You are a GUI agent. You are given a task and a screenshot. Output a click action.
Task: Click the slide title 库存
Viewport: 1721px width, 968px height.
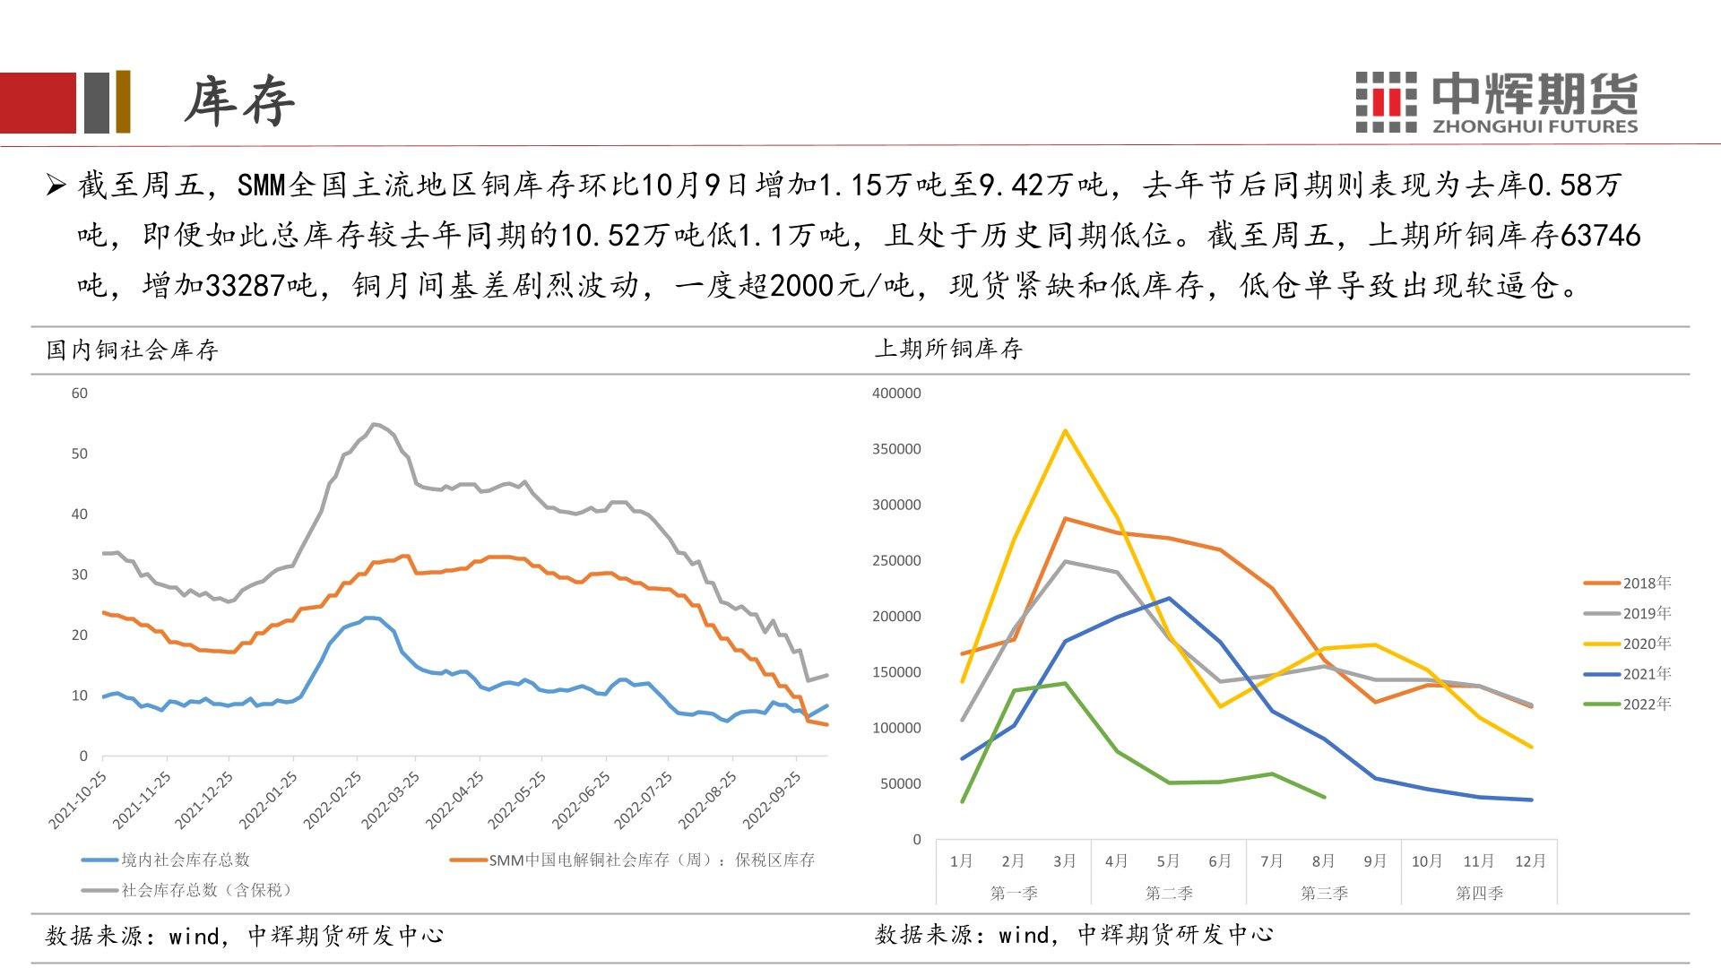point(239,100)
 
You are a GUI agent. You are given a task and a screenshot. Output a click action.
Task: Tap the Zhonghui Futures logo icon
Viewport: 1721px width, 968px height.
point(1386,102)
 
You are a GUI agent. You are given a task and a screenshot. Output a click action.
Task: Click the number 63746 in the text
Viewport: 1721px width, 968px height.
point(1600,236)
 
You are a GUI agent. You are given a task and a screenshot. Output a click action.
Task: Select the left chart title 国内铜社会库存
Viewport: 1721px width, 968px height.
point(133,350)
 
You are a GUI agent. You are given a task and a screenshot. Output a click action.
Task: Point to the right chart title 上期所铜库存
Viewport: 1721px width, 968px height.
point(948,349)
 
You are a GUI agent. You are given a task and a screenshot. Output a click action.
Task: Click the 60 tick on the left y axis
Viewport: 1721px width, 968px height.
point(80,393)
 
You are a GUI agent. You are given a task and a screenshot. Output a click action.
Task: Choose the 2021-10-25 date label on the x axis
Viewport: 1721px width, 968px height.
point(78,799)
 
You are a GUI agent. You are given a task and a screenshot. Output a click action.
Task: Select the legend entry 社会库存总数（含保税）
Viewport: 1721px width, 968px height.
point(206,890)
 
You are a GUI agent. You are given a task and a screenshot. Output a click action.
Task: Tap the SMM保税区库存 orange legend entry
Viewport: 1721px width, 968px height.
point(652,860)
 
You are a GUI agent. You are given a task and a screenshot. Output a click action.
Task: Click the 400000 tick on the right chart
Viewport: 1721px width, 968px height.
point(896,393)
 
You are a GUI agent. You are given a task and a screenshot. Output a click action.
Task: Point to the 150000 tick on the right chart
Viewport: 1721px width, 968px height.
point(896,672)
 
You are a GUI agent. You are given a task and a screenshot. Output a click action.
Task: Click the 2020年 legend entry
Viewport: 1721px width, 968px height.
point(1647,644)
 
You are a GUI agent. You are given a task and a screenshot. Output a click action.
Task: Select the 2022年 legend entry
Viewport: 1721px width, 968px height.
point(1647,704)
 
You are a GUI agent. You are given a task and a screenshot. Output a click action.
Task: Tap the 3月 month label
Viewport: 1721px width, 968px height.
point(1065,861)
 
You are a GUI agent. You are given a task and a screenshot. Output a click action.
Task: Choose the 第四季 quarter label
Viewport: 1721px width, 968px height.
point(1479,893)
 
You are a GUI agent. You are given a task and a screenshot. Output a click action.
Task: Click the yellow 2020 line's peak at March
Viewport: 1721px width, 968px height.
point(1065,431)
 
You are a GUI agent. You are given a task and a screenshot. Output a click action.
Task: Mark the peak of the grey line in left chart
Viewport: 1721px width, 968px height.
point(375,424)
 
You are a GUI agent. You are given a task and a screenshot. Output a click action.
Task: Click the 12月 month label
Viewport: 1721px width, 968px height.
point(1530,861)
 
